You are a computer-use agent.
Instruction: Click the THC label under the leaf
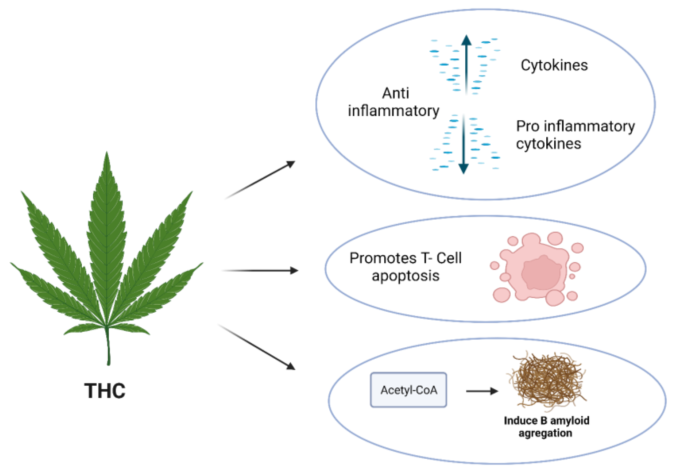click(105, 391)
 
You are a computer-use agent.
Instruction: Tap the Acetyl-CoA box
click(409, 390)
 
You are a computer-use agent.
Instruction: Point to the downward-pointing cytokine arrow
click(464, 144)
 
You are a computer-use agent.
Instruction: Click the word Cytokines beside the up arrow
click(554, 65)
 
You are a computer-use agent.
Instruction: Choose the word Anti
click(395, 94)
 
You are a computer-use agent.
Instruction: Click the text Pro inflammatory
click(575, 126)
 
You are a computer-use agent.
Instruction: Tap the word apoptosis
click(405, 276)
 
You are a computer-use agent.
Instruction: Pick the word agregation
click(545, 433)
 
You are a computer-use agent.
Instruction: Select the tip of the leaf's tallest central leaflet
click(106, 154)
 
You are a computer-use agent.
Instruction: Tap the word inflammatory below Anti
click(393, 111)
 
